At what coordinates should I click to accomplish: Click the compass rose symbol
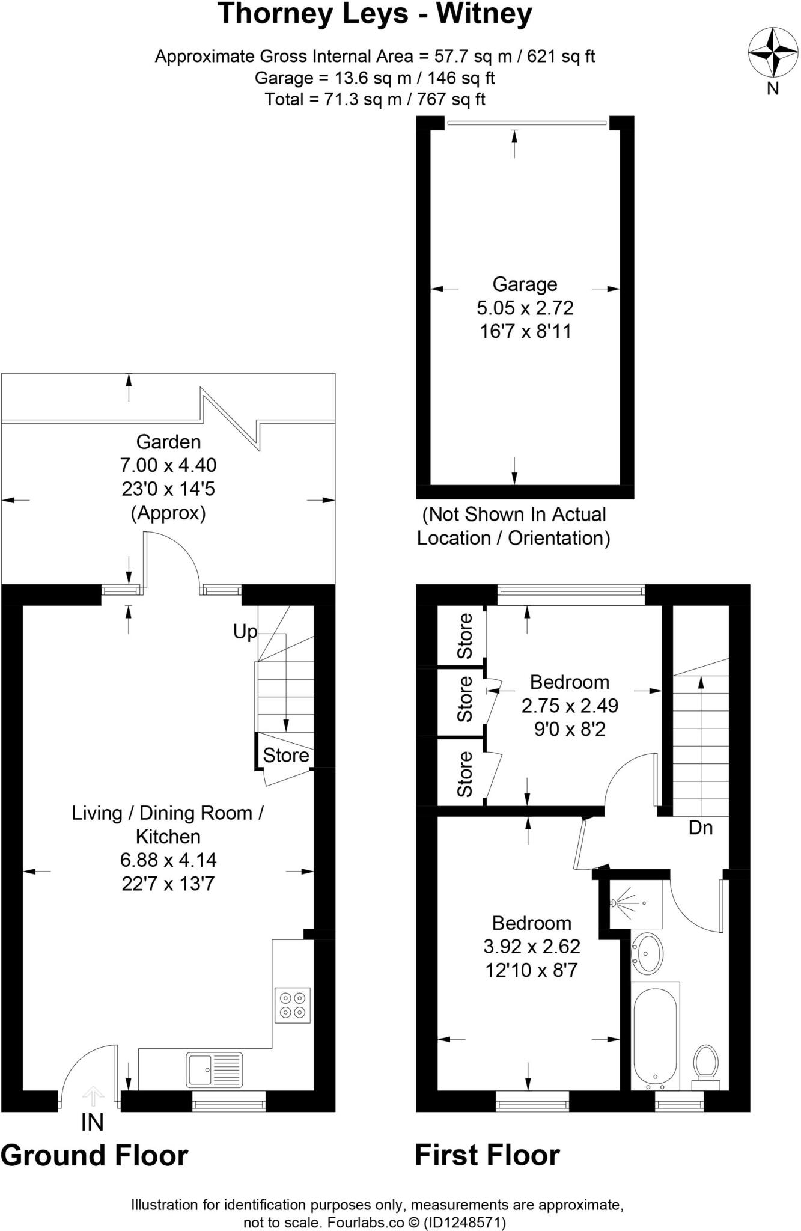(772, 52)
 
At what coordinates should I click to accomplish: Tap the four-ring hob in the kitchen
(293, 1006)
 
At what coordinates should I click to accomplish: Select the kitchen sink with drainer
(214, 1070)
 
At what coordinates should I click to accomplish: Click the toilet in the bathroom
(706, 1065)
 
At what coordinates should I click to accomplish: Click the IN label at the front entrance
(93, 1122)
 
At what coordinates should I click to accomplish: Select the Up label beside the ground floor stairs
(245, 631)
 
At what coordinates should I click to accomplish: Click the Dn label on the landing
(701, 828)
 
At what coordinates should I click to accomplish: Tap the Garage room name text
(525, 284)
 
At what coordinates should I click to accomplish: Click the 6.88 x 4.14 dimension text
(168, 860)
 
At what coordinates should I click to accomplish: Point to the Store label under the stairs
(286, 755)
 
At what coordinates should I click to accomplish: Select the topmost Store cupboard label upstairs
(464, 635)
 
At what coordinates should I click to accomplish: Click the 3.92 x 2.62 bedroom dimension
(532, 947)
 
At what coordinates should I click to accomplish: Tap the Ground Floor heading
(94, 1156)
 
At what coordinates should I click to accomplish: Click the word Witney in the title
(484, 14)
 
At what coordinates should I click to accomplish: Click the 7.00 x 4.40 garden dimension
(168, 465)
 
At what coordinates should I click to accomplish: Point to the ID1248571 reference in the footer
(464, 1222)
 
